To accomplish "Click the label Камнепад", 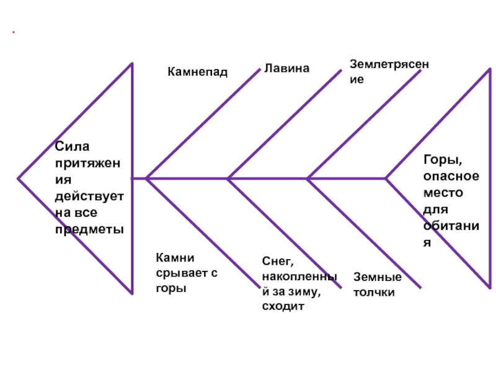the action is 197,73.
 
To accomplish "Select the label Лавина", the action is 286,68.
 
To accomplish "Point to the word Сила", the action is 73,147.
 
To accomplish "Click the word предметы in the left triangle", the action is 89,229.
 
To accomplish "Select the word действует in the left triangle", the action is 89,197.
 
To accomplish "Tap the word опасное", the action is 451,176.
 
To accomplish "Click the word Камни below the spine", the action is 176,257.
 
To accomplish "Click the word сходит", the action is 283,306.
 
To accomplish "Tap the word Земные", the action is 378,277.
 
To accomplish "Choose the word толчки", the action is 374,291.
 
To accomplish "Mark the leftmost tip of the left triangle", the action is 18,179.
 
